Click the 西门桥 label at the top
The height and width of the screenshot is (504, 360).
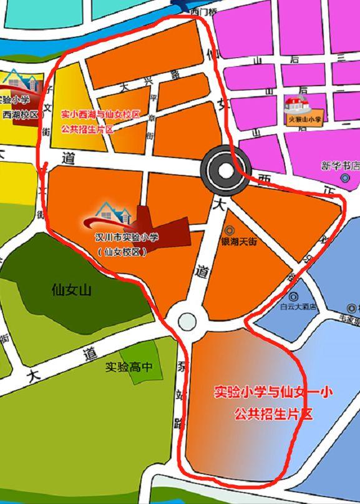click(x=203, y=11)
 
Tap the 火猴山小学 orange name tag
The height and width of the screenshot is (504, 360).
click(x=304, y=119)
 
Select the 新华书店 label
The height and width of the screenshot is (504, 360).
click(x=341, y=166)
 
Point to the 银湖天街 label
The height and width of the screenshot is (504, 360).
click(x=239, y=241)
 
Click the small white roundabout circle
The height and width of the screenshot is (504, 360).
click(x=187, y=322)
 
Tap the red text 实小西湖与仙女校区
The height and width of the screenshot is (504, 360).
click(x=101, y=115)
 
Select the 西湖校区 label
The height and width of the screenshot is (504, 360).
click(x=21, y=115)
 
